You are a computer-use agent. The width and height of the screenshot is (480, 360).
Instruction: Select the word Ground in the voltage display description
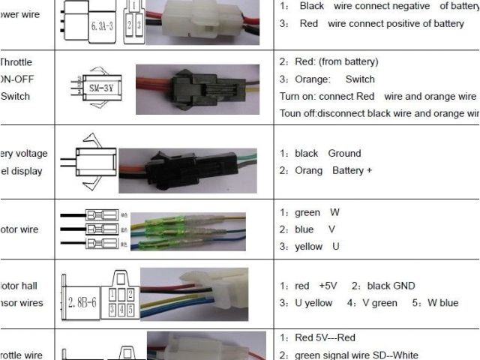click(x=344, y=153)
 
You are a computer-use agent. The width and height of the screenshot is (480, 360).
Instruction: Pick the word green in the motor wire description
click(x=307, y=212)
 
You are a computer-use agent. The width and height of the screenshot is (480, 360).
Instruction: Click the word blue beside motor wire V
click(x=304, y=229)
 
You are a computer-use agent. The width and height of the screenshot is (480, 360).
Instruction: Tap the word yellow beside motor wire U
click(x=308, y=246)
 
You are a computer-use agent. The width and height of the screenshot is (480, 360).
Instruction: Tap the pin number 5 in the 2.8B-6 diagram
click(x=130, y=308)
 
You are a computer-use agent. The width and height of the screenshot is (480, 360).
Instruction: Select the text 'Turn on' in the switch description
click(x=297, y=96)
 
